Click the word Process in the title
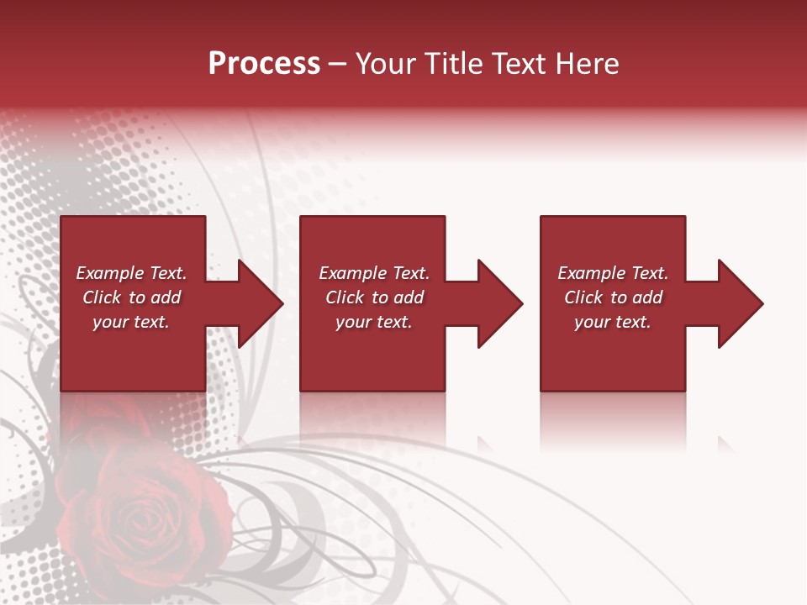coord(264,64)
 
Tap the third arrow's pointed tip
coord(762,303)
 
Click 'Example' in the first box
coord(109,273)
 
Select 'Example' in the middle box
coord(352,273)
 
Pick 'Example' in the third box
coord(591,273)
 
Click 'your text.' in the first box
coord(131,322)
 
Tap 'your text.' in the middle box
coord(373,322)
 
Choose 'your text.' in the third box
coord(612,322)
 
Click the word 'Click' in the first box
coord(102,297)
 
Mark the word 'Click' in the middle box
coord(345,297)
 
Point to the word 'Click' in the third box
coord(583,297)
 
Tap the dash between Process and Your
coord(338,65)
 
